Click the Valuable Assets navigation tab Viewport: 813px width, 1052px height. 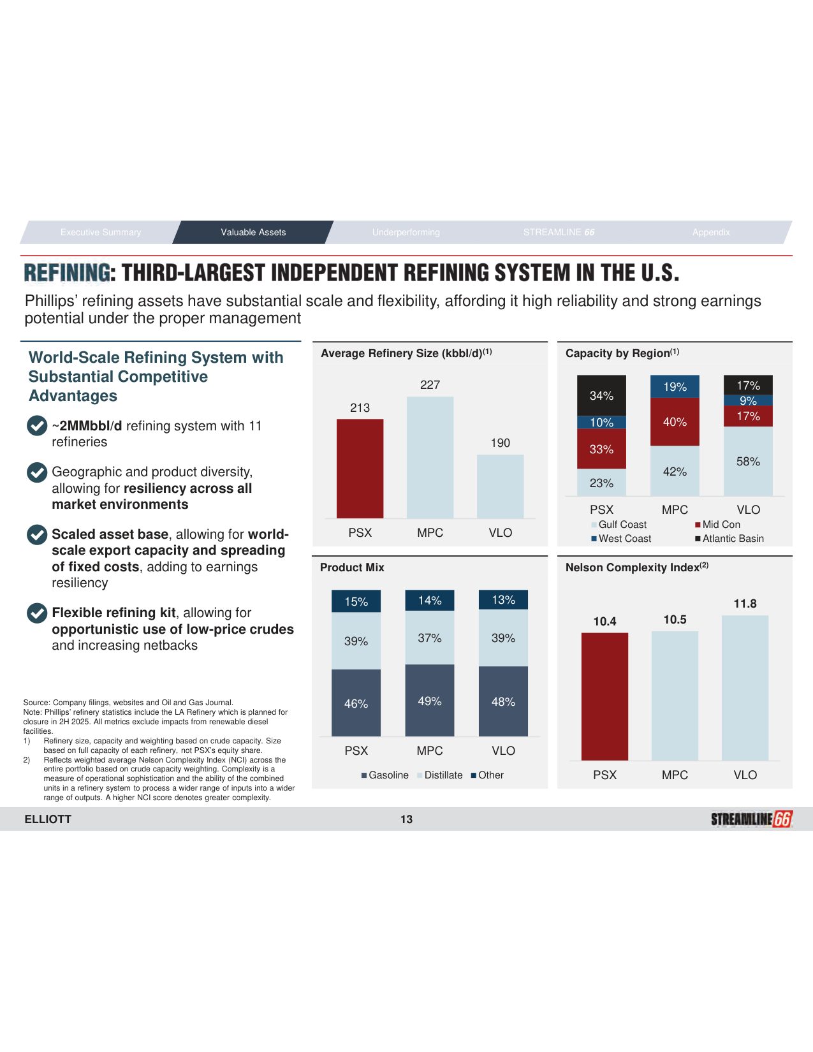coord(253,232)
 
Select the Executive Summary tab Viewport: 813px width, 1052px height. coord(101,232)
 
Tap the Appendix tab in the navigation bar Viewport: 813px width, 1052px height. coord(711,232)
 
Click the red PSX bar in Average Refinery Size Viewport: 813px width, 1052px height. coord(360,468)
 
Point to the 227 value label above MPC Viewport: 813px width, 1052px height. coord(430,384)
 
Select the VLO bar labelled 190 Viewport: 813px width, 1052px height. coord(500,486)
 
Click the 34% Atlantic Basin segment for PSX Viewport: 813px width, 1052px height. coord(601,395)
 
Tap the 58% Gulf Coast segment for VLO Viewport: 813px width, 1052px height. coord(748,461)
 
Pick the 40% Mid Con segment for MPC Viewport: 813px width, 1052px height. coord(675,421)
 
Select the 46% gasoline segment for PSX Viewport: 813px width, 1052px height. coord(356,703)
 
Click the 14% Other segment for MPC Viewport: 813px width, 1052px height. coord(430,600)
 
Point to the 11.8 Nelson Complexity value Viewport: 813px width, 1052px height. coord(745,604)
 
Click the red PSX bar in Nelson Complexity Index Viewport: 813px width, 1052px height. coord(604,696)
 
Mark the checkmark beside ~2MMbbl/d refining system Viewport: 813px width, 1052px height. coord(37,426)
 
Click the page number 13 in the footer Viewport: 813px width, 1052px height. coord(406,819)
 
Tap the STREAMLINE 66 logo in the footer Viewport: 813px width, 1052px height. coord(751,819)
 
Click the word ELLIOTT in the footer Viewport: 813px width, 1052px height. coord(48,819)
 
